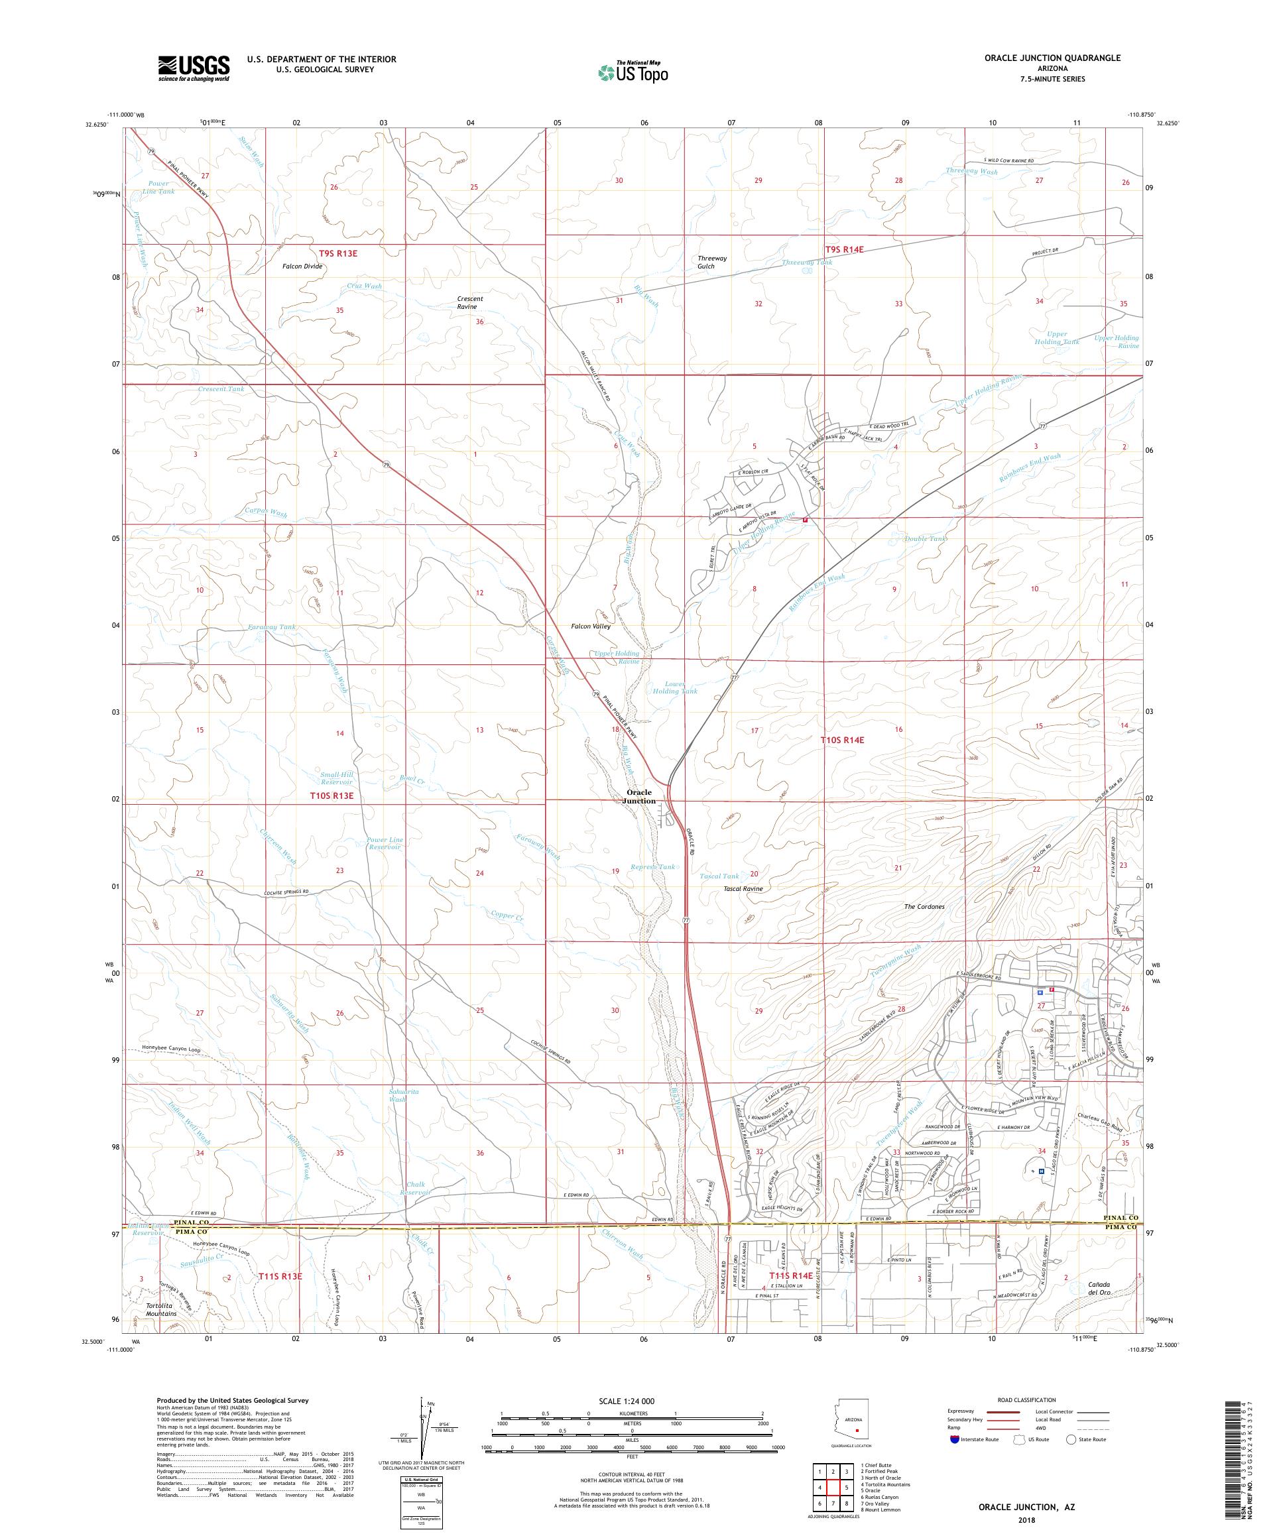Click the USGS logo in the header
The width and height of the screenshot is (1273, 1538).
tap(194, 68)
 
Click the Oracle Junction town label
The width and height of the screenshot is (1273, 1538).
tap(638, 797)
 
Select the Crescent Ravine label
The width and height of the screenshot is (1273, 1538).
tap(470, 302)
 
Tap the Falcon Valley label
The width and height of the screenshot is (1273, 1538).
tap(590, 627)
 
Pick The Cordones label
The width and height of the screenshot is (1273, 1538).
tap(924, 907)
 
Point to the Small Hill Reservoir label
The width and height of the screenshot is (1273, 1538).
tap(336, 778)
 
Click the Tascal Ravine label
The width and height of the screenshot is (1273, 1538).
tap(742, 889)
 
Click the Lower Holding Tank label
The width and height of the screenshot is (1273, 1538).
tap(676, 687)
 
